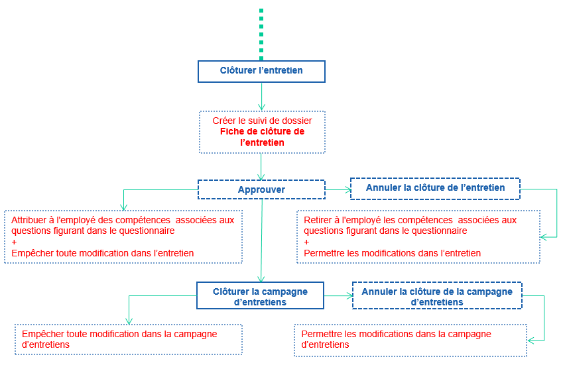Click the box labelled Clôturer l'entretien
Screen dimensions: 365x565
(261, 72)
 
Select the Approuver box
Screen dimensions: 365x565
(261, 190)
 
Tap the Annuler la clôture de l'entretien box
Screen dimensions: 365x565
(435, 188)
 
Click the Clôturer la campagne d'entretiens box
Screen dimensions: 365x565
(260, 296)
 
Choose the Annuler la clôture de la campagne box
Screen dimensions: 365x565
(436, 297)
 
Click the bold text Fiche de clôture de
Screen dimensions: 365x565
(262, 132)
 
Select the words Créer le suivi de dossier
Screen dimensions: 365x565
(262, 121)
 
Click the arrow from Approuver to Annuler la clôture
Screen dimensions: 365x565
(338, 190)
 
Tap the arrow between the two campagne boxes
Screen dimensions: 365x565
(338, 296)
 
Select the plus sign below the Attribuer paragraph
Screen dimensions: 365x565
(15, 242)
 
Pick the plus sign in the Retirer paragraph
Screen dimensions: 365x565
(307, 242)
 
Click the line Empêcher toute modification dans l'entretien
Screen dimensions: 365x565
(103, 253)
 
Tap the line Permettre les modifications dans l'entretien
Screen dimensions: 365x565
(392, 253)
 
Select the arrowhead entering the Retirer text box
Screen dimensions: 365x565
(544, 236)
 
